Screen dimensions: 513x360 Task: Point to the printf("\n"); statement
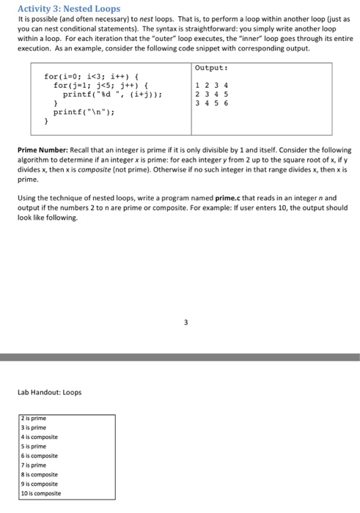click(84, 113)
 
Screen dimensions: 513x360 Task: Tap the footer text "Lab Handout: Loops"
click(50, 393)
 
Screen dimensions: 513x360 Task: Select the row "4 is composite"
click(42, 438)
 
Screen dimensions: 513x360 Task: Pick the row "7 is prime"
click(36, 465)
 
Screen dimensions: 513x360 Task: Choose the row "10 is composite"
click(43, 493)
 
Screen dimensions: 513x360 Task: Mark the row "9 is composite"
click(42, 484)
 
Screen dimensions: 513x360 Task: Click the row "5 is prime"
click(36, 447)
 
